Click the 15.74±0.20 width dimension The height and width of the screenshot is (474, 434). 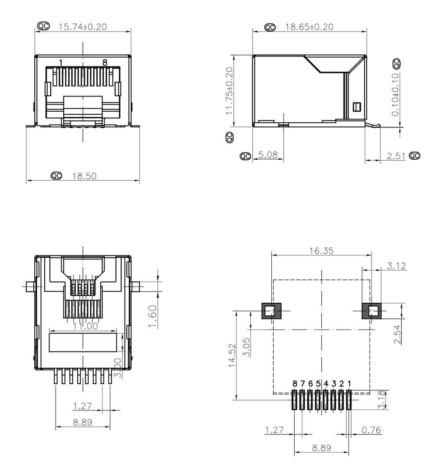(82, 27)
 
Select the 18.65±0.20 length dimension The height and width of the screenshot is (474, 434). (309, 27)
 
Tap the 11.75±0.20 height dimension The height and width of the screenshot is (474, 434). (230, 91)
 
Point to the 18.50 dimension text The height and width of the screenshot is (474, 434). (84, 176)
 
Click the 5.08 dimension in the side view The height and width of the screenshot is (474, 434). (268, 155)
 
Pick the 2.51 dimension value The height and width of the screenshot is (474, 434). (396, 156)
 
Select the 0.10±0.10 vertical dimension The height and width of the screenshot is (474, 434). (395, 94)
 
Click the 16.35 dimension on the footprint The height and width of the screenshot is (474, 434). (321, 251)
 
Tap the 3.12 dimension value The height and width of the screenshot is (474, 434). (397, 266)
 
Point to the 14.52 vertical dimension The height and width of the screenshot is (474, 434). (232, 355)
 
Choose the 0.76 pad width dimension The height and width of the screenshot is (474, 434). (371, 430)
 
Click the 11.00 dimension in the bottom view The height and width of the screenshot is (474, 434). (85, 326)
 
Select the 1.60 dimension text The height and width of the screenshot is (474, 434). (153, 316)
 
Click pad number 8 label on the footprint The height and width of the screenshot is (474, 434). (295, 384)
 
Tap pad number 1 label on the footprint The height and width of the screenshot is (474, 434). (349, 384)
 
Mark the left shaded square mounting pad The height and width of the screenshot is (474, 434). (271, 311)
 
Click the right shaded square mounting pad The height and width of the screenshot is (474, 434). (372, 311)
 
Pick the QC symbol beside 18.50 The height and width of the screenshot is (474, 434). (56, 176)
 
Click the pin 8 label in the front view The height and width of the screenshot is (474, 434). (105, 63)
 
